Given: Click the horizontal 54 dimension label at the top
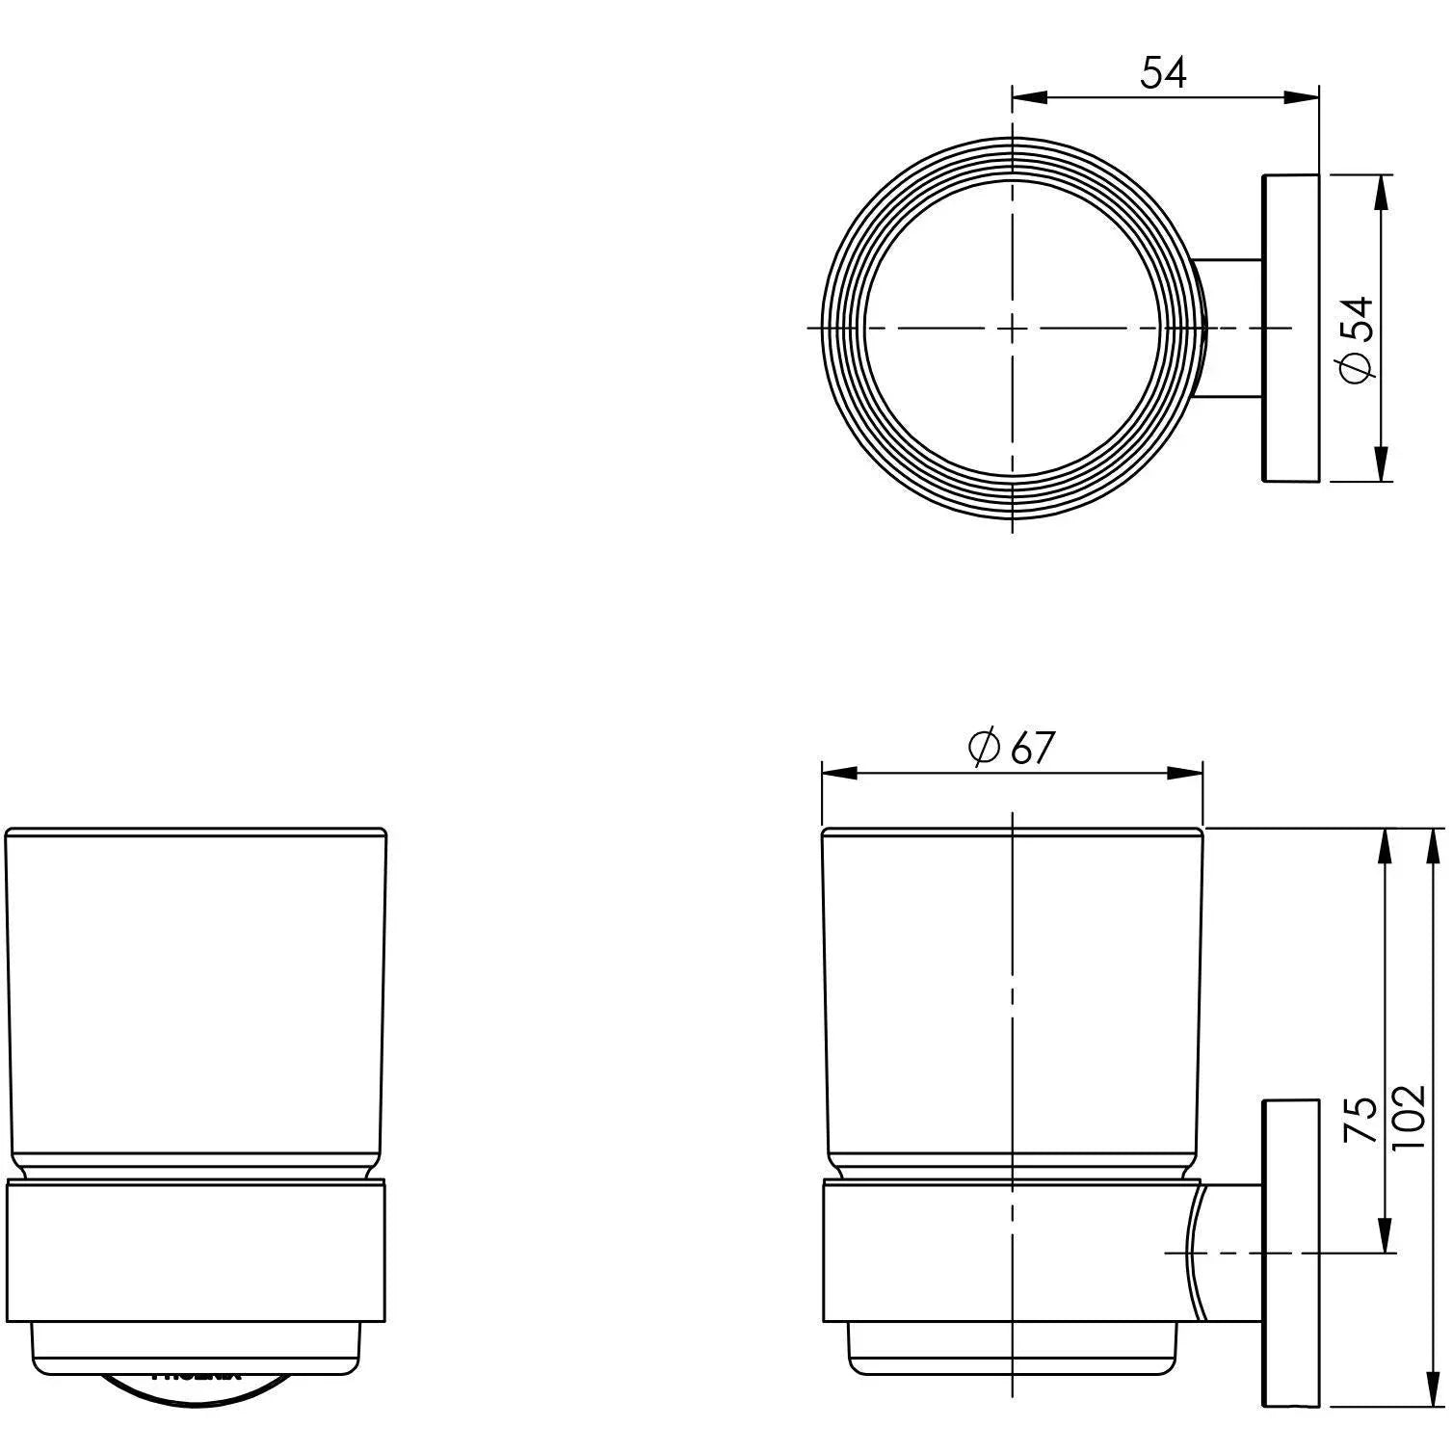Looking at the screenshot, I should pyautogui.click(x=1164, y=73).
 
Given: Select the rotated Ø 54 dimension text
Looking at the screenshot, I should pyautogui.click(x=1357, y=339).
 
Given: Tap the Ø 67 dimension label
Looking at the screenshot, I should pyautogui.click(x=1012, y=748).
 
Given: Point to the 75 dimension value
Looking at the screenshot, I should pyautogui.click(x=1361, y=1119).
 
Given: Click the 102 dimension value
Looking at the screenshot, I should pyautogui.click(x=1409, y=1117).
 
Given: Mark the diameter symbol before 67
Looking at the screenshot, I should pyautogui.click(x=984, y=748).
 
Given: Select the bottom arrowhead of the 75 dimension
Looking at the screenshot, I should pyautogui.click(x=1385, y=1235).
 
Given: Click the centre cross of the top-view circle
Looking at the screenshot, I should pyautogui.click(x=1012, y=329).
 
